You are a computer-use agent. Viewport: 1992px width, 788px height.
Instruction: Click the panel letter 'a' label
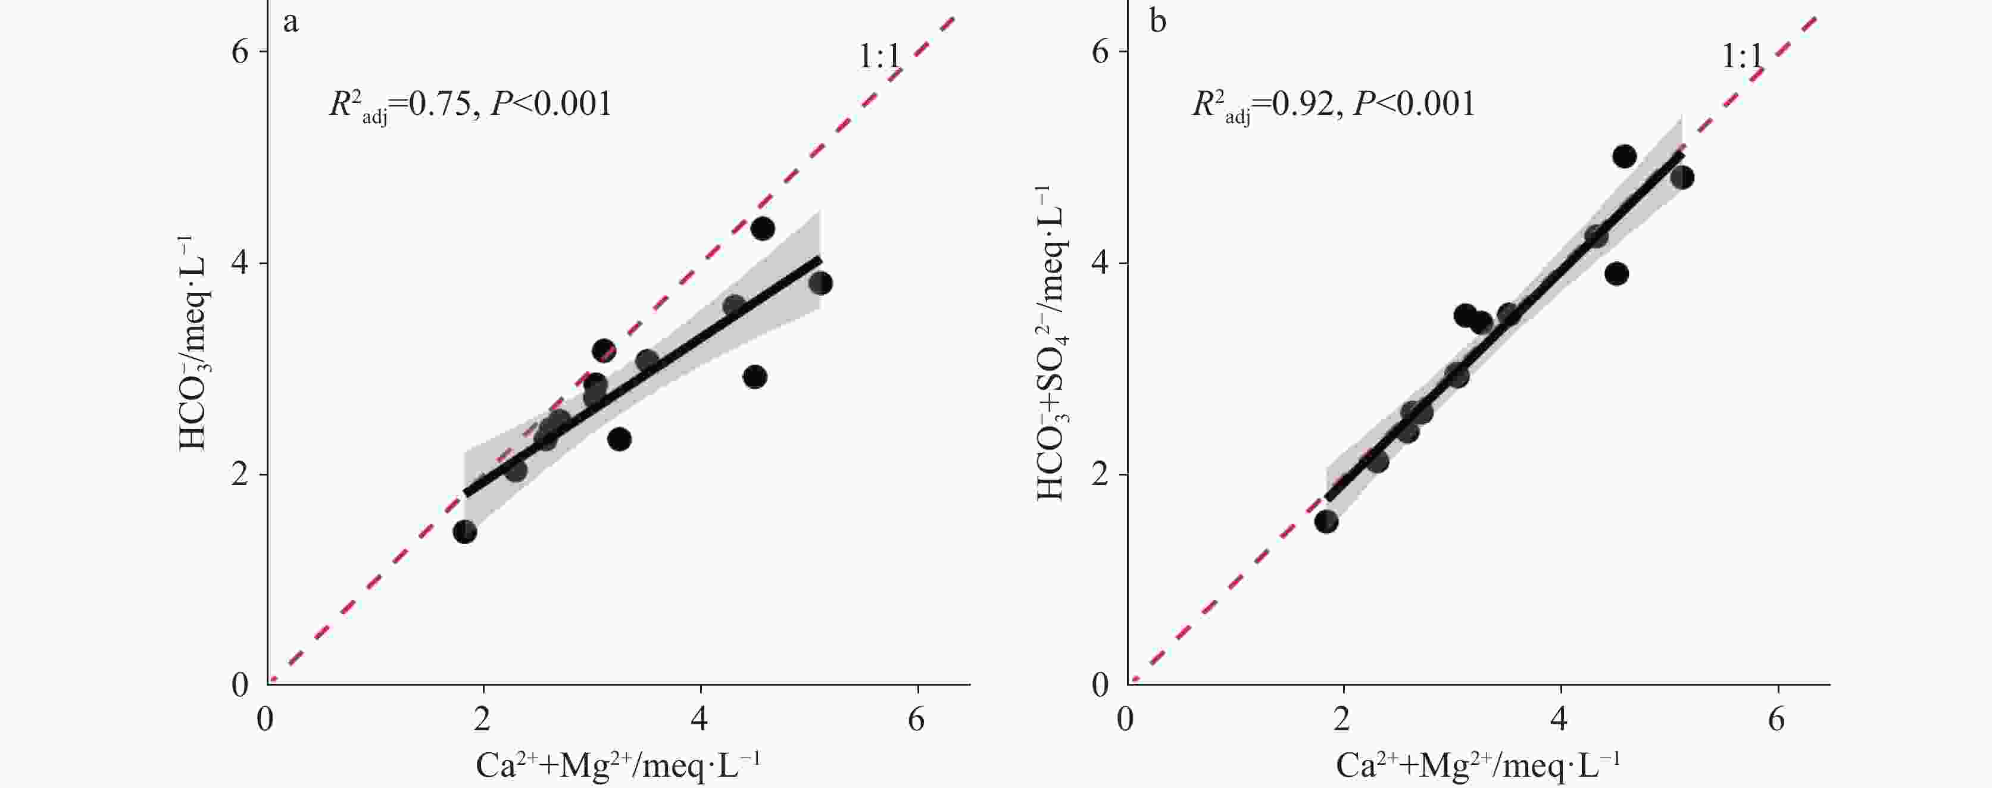tap(291, 21)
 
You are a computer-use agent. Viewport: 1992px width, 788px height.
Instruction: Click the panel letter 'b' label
tap(1157, 21)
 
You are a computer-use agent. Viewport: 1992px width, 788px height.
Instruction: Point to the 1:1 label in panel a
tap(879, 57)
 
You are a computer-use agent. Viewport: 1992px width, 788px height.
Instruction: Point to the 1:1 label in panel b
tap(1741, 57)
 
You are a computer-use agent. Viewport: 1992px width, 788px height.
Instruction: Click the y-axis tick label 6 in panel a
tap(240, 52)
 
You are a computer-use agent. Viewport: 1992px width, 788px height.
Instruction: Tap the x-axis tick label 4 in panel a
tap(700, 719)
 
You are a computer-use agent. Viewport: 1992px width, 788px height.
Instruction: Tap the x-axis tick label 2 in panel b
tap(1342, 719)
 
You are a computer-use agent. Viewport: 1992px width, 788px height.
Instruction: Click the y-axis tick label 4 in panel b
tap(1100, 264)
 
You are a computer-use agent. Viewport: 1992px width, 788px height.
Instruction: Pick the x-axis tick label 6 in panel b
tap(1777, 719)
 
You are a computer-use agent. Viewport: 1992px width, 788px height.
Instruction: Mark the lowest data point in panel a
tap(465, 532)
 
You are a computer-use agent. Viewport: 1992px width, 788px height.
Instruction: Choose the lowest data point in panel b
tap(1326, 522)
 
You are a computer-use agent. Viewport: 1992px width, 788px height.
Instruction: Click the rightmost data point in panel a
tap(820, 283)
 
